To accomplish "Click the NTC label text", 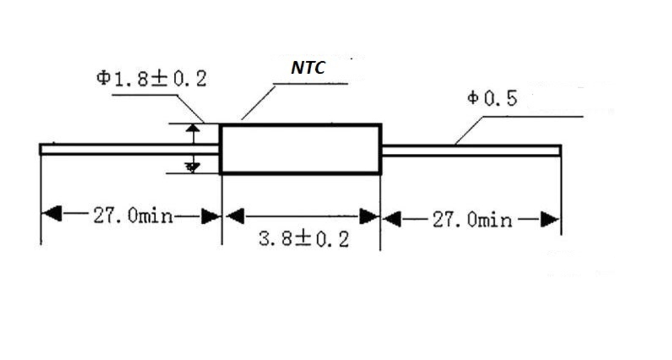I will (x=308, y=69).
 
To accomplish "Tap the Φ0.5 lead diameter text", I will (x=493, y=99).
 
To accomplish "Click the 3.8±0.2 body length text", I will (x=304, y=239).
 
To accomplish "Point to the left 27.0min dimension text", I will (x=132, y=216).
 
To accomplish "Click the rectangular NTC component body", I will (x=300, y=149).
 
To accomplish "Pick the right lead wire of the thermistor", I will (x=470, y=150).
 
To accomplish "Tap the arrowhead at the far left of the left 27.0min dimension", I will (x=51, y=216).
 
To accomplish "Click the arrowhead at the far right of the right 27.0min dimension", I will (x=550, y=220).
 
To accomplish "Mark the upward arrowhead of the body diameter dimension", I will (x=194, y=129).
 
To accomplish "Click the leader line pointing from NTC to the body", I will (x=259, y=102).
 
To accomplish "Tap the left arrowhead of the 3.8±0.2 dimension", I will (x=233, y=216).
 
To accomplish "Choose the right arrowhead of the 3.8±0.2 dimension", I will (x=370, y=216).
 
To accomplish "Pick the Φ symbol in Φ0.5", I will (x=473, y=99).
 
